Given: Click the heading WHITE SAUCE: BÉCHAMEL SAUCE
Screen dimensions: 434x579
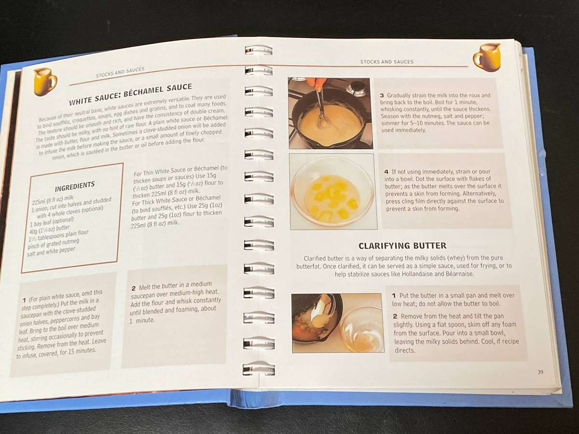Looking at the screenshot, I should click(130, 95).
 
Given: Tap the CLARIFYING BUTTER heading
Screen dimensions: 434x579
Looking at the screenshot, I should click(402, 245).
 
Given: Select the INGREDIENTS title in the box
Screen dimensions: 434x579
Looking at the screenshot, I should click(74, 186).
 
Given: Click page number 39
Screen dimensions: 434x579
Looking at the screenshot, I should click(540, 372).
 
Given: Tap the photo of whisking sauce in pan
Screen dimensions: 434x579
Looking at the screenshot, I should click(330, 113).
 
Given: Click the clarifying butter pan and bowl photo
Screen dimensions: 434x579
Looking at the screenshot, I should click(338, 323).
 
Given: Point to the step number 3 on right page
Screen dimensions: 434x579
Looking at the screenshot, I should click(382, 95).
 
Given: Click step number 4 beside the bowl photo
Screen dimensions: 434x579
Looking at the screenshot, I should click(386, 172).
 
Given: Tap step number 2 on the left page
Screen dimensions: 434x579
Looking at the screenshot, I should click(134, 288).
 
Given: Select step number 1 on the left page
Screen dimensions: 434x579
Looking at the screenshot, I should click(24, 300).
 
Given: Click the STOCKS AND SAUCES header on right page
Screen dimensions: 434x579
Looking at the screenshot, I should click(386, 62).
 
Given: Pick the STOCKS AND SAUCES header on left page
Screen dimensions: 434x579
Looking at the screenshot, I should click(120, 73).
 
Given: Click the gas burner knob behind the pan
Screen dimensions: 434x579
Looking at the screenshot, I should click(358, 88).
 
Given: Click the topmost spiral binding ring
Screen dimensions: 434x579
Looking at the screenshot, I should click(259, 50).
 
